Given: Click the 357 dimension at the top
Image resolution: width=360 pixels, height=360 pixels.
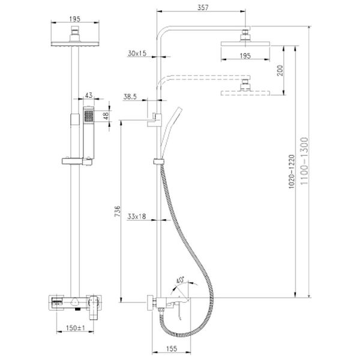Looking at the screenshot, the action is click(203, 8).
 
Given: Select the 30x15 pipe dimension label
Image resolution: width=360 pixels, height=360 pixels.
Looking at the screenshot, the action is click(137, 53).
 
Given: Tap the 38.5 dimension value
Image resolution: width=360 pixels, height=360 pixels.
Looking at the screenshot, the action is click(130, 97).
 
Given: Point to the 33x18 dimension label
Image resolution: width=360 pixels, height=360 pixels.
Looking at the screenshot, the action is click(137, 216).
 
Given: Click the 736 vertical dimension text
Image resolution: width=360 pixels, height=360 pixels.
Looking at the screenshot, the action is click(118, 211).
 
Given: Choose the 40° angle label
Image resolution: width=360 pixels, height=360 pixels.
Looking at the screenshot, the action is click(180, 280).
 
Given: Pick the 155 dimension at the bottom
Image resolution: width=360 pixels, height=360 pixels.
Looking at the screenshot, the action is click(171, 349).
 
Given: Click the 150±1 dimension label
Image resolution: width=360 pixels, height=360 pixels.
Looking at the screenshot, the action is click(76, 328).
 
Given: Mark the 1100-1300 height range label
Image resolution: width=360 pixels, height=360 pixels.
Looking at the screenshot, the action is click(304, 161).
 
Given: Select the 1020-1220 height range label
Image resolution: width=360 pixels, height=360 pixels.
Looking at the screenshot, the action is click(292, 172).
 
